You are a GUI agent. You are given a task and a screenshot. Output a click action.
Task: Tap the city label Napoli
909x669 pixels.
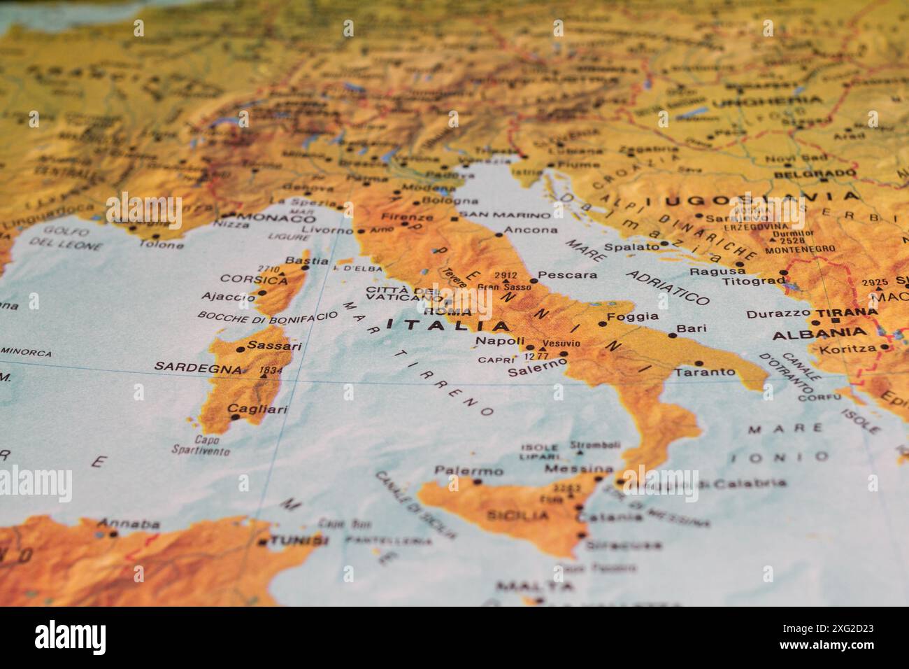click(x=499, y=341)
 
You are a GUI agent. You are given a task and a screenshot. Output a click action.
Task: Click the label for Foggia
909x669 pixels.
click(x=634, y=316)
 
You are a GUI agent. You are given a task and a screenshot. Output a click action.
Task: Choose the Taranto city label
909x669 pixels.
click(x=705, y=372)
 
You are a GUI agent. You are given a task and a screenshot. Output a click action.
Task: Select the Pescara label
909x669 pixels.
click(x=568, y=275)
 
